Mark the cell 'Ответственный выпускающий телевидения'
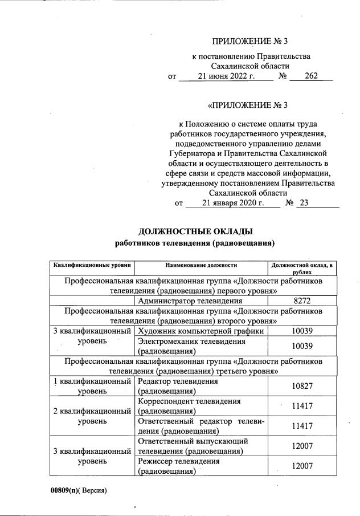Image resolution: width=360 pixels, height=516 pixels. click(193, 446)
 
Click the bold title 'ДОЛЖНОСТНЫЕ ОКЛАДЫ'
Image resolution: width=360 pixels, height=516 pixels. click(195, 231)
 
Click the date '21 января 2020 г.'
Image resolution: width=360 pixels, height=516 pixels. click(233, 202)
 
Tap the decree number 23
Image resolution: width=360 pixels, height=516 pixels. click(302, 202)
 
